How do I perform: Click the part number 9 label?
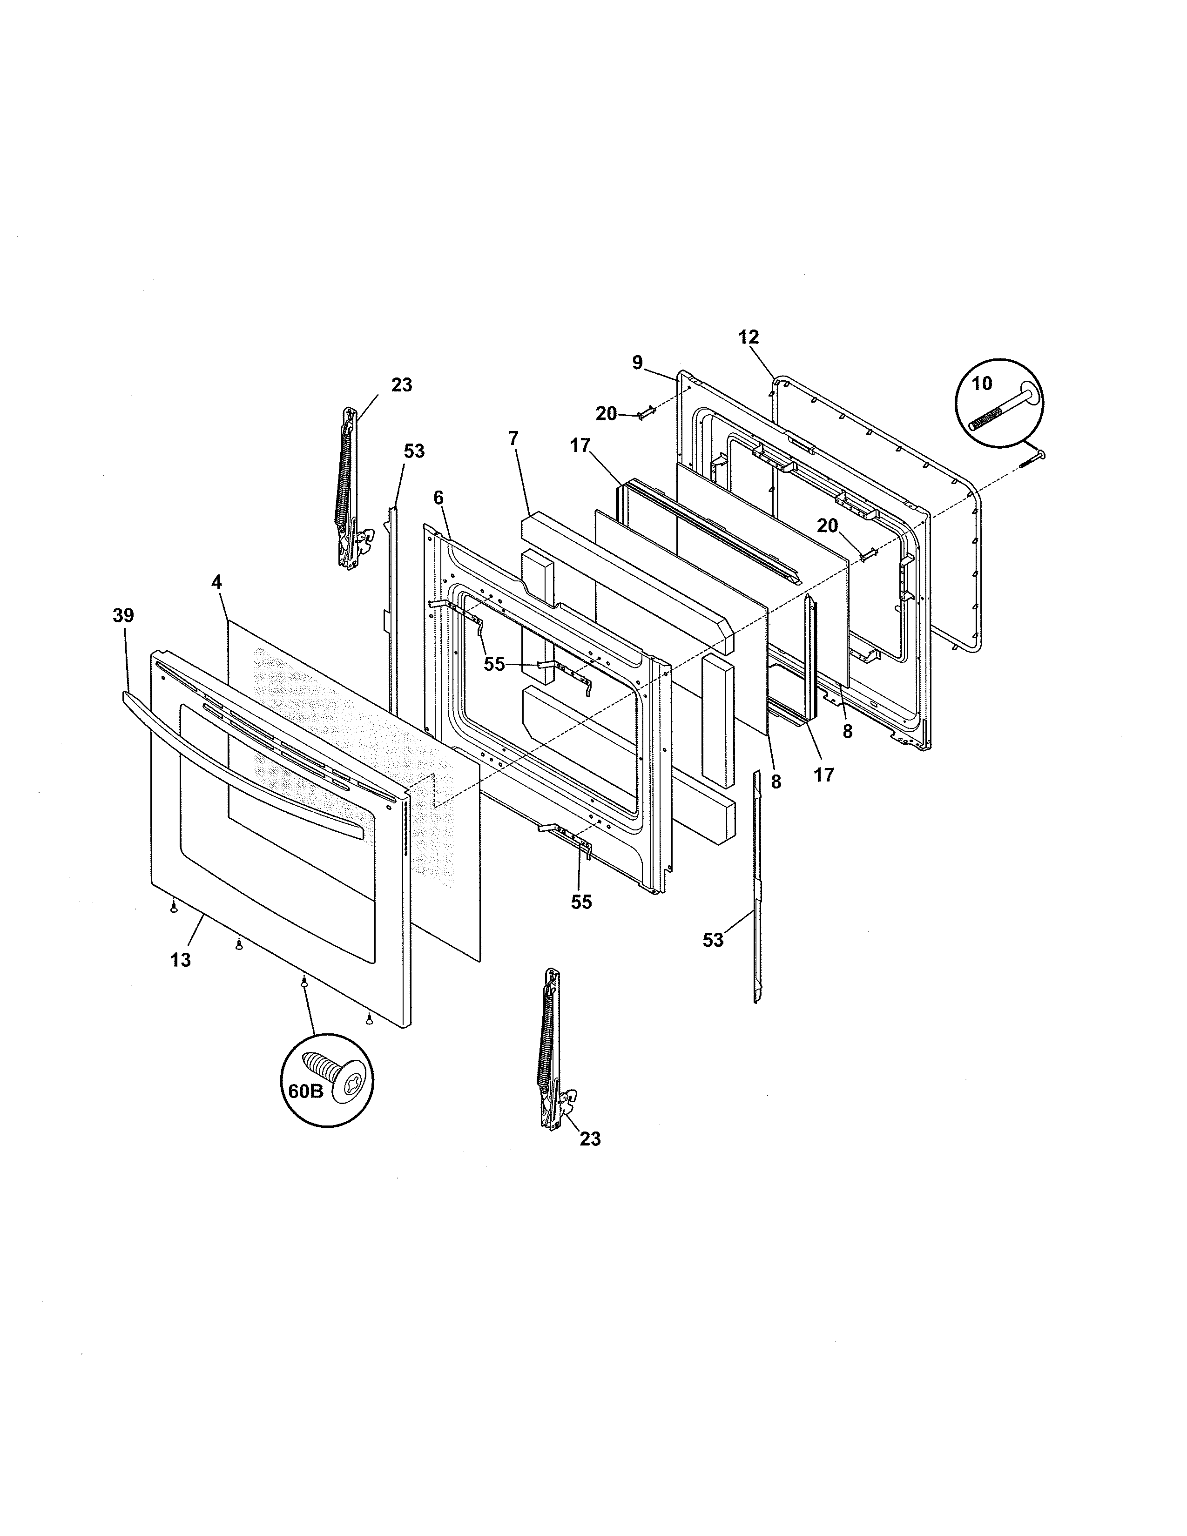pos(637,363)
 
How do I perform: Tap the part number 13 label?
pos(181,960)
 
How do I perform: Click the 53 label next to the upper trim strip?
pos(414,451)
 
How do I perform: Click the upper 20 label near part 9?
pos(606,414)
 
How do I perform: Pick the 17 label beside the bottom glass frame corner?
pos(823,775)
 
